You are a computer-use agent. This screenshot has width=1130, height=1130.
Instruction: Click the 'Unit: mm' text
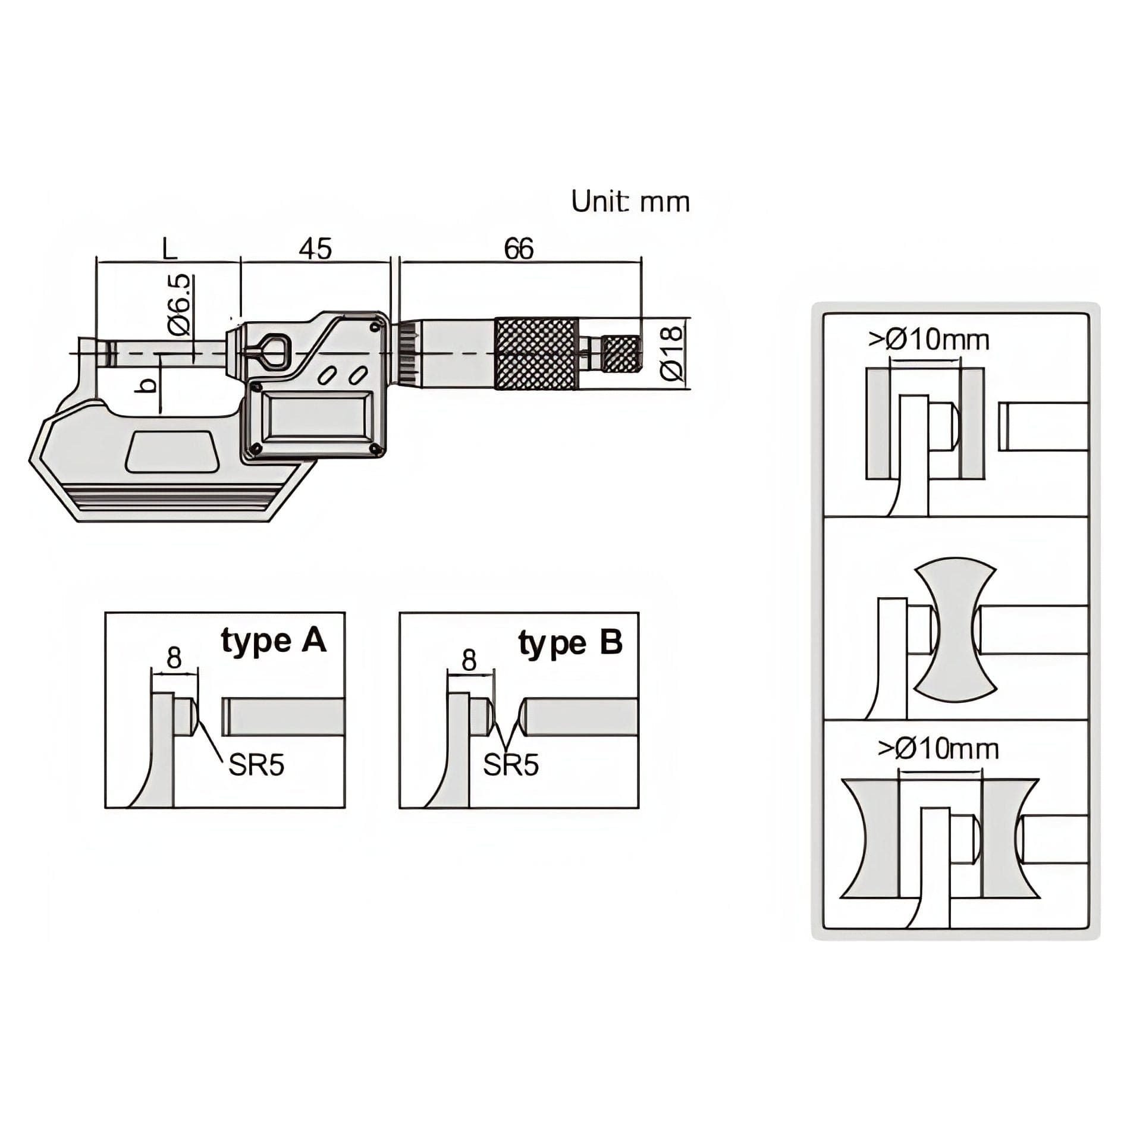point(630,202)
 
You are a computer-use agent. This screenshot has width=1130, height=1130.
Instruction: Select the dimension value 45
point(315,249)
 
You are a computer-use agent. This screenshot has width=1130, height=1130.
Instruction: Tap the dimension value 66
point(519,249)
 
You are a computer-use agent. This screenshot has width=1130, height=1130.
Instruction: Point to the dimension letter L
point(169,249)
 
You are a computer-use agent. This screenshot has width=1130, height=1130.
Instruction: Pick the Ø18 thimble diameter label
point(672,353)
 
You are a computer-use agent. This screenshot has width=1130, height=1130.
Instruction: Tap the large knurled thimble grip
point(536,353)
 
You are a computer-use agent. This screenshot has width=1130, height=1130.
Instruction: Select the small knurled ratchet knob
point(621,353)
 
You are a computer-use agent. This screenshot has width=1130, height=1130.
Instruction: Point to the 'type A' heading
point(274,642)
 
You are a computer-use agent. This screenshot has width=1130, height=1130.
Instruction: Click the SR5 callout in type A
point(256,765)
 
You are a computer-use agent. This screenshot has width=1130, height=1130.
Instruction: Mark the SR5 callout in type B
point(511,765)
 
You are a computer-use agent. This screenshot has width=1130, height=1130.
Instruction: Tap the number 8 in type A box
point(174,659)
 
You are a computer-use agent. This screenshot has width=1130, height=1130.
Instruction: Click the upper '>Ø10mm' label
point(929,340)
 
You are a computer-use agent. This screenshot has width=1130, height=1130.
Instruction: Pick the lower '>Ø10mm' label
point(938,749)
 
